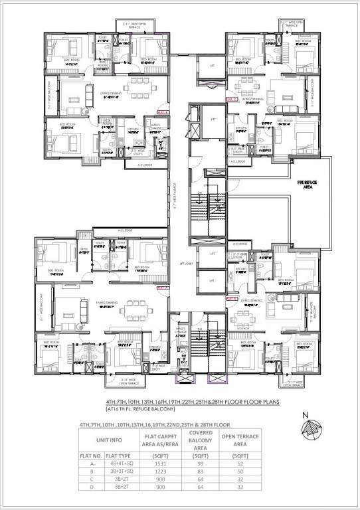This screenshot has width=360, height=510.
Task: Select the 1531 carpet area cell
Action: click(x=155, y=469)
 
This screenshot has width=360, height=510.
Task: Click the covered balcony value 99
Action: click(x=197, y=469)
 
